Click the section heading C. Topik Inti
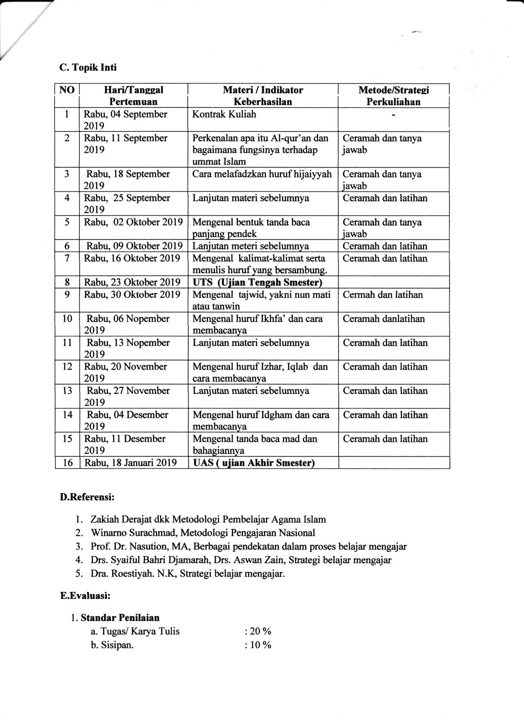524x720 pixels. point(88,67)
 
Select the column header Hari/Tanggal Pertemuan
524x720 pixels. point(133,96)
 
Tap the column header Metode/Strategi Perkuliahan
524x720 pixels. point(393,96)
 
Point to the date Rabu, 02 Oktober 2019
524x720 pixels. point(134,222)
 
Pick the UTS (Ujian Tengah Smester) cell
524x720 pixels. point(258,282)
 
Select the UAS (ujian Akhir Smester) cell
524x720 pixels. point(254,463)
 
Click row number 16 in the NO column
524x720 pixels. point(67,463)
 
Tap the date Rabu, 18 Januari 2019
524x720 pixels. point(131,463)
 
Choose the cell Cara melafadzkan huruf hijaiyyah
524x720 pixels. point(262,174)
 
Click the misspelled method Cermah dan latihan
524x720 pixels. point(383,294)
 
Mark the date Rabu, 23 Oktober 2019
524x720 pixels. point(132,282)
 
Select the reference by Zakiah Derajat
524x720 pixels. point(208,519)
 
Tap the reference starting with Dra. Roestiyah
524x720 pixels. point(188,573)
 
